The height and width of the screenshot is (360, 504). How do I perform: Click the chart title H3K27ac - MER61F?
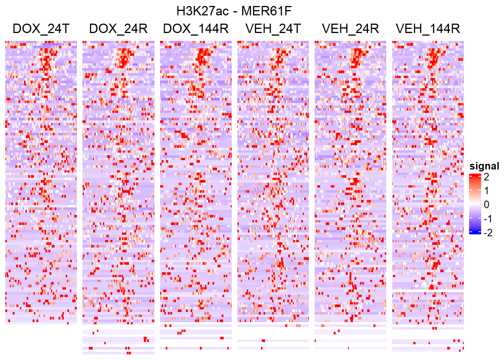point(234,11)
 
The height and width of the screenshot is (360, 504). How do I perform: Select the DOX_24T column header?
point(41,28)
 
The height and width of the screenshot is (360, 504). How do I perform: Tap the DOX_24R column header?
point(118,28)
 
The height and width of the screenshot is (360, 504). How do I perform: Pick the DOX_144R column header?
point(196,28)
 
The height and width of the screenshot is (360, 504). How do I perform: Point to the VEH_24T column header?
point(273,28)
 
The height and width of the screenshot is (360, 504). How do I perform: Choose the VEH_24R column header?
point(350,28)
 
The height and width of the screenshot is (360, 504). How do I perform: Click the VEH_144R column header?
point(428,28)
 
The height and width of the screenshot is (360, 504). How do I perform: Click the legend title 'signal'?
point(484,166)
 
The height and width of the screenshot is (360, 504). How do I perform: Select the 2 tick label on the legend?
point(486,177)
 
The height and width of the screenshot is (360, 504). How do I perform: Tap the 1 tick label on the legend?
point(486,191)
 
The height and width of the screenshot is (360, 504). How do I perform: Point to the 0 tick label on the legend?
point(486,205)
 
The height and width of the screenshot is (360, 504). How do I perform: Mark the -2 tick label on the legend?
point(488,233)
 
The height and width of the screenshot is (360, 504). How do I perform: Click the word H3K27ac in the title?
point(202,11)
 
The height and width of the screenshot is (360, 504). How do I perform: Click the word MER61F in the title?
point(266,11)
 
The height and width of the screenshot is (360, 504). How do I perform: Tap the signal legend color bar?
point(475,204)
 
